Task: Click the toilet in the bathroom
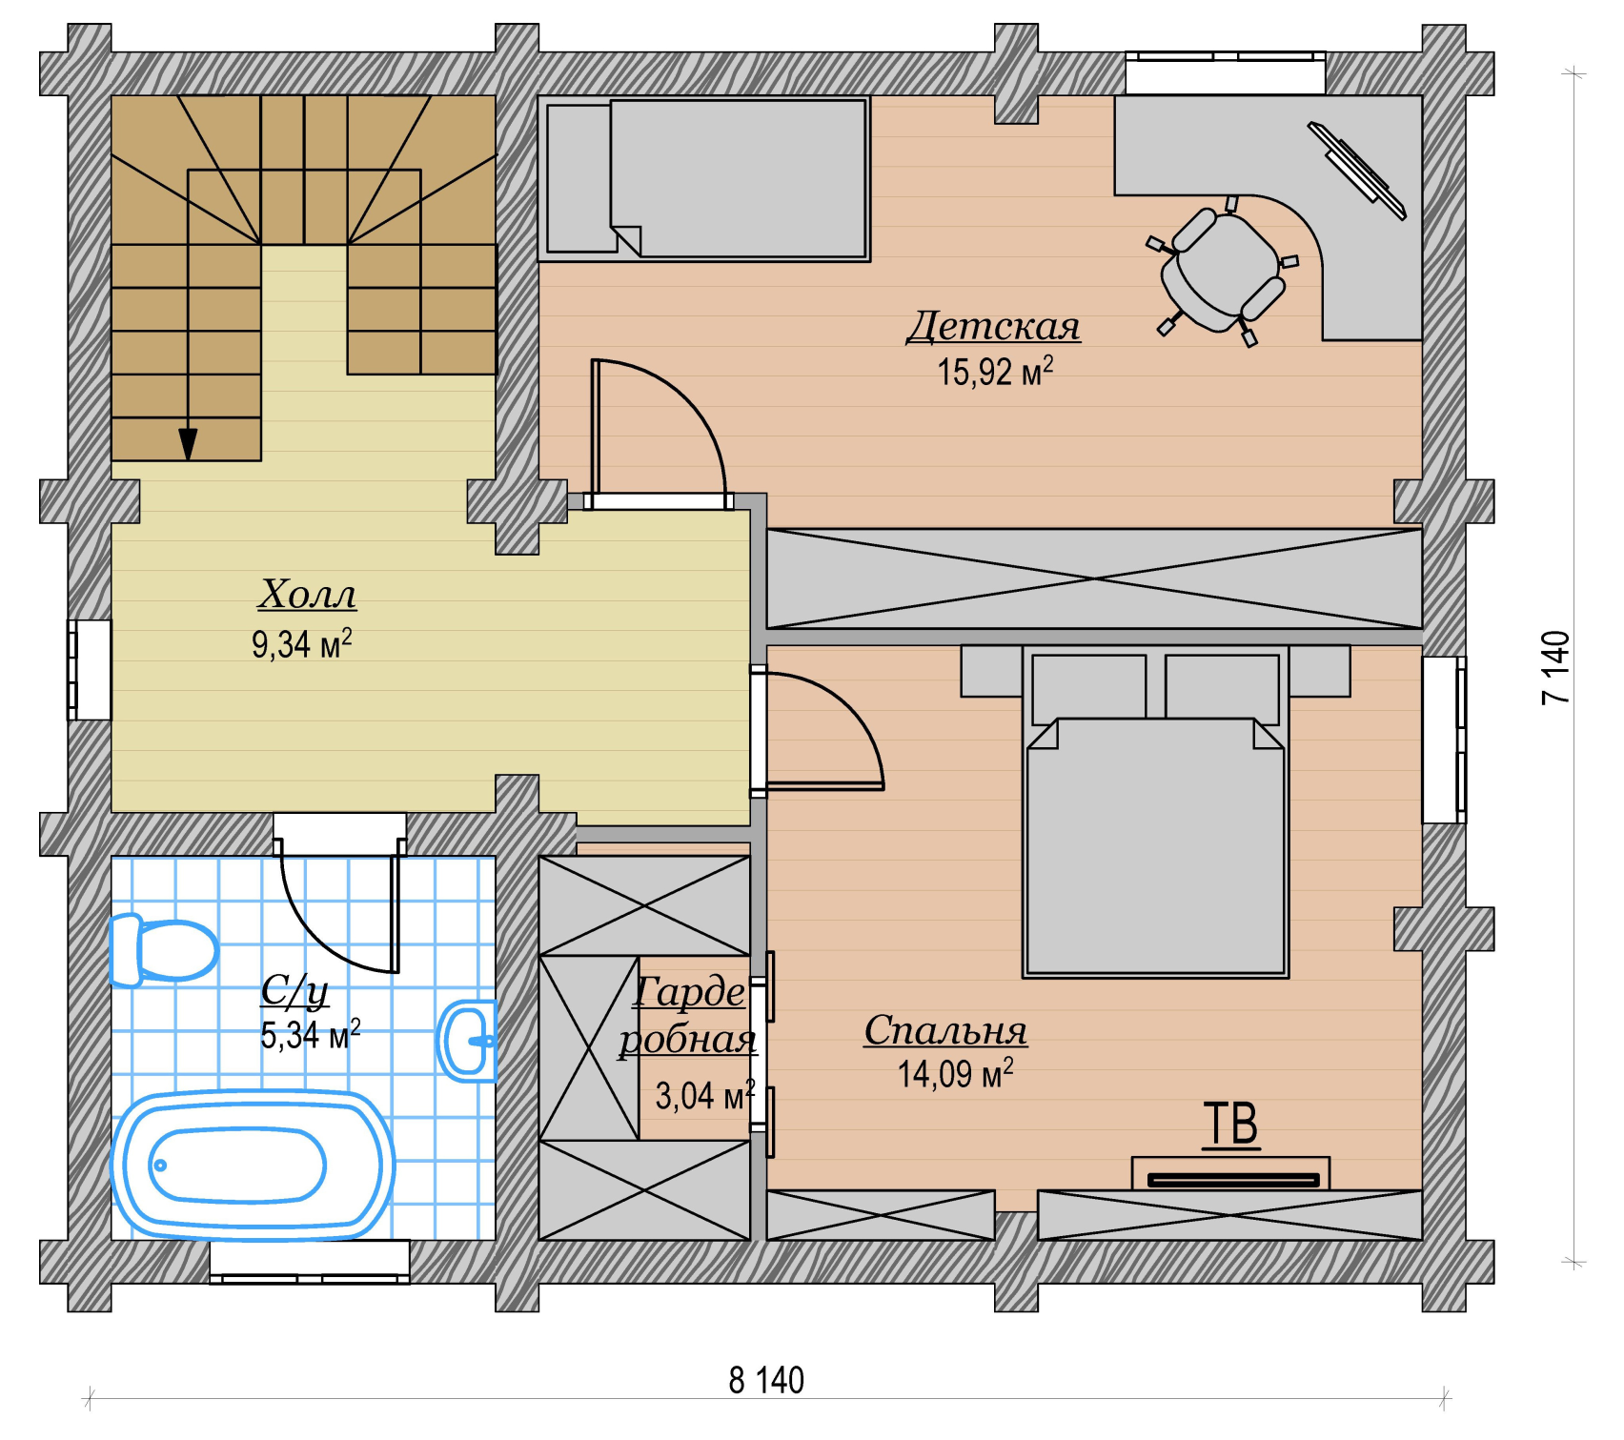(164, 949)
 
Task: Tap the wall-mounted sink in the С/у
(468, 1041)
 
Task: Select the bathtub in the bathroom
(254, 1165)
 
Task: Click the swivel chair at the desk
(1222, 271)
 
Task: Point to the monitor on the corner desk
(1356, 171)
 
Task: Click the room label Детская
(993, 326)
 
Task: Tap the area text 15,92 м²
(995, 372)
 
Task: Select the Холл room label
(307, 594)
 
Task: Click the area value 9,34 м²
(301, 644)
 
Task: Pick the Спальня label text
(945, 1030)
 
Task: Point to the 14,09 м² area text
(955, 1074)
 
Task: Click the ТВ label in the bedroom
(1230, 1124)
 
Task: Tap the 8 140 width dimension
(766, 1380)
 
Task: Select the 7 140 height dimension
(1555, 667)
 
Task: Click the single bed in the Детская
(704, 178)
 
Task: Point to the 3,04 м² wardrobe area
(705, 1096)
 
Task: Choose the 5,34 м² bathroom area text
(311, 1035)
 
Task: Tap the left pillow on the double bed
(1089, 687)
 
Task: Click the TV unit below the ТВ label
(1230, 1174)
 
